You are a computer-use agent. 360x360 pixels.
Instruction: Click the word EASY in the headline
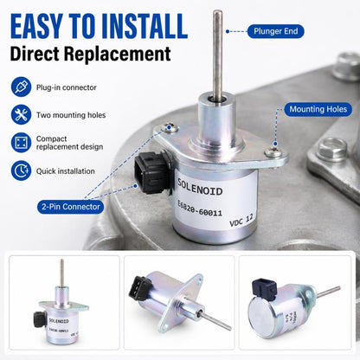pyautogui.click(x=36, y=26)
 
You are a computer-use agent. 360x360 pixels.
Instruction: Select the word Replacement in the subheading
pyautogui.click(x=118, y=54)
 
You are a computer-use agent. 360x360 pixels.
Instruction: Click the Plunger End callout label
pyautogui.click(x=276, y=31)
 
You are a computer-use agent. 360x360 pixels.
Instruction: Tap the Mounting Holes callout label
pyautogui.click(x=318, y=109)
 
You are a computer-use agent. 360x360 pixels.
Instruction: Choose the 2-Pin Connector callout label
pyautogui.click(x=71, y=207)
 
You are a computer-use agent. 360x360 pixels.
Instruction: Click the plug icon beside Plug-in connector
pyautogui.click(x=21, y=87)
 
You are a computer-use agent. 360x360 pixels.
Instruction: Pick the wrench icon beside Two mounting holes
pyautogui.click(x=21, y=114)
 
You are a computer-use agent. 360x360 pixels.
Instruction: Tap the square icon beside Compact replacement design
pyautogui.click(x=21, y=143)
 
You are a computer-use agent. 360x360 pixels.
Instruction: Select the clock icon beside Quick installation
pyautogui.click(x=21, y=170)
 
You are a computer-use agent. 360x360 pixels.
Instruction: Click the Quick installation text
pyautogui.click(x=66, y=171)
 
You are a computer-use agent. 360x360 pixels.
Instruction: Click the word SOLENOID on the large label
pyautogui.click(x=200, y=187)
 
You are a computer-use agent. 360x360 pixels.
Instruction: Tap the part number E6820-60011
pyautogui.click(x=200, y=209)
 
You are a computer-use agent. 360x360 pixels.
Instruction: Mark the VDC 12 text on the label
pyautogui.click(x=241, y=221)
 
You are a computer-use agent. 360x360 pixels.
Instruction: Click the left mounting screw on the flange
pyautogui.click(x=170, y=127)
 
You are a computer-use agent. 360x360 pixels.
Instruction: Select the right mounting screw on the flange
pyautogui.click(x=273, y=151)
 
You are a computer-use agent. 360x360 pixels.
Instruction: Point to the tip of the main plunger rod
pyautogui.click(x=217, y=11)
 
